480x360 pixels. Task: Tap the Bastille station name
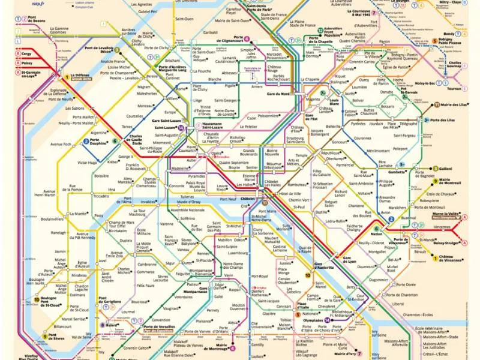tap(322, 212)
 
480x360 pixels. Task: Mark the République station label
tap(332, 153)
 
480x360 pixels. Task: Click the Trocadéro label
tap(101, 196)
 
